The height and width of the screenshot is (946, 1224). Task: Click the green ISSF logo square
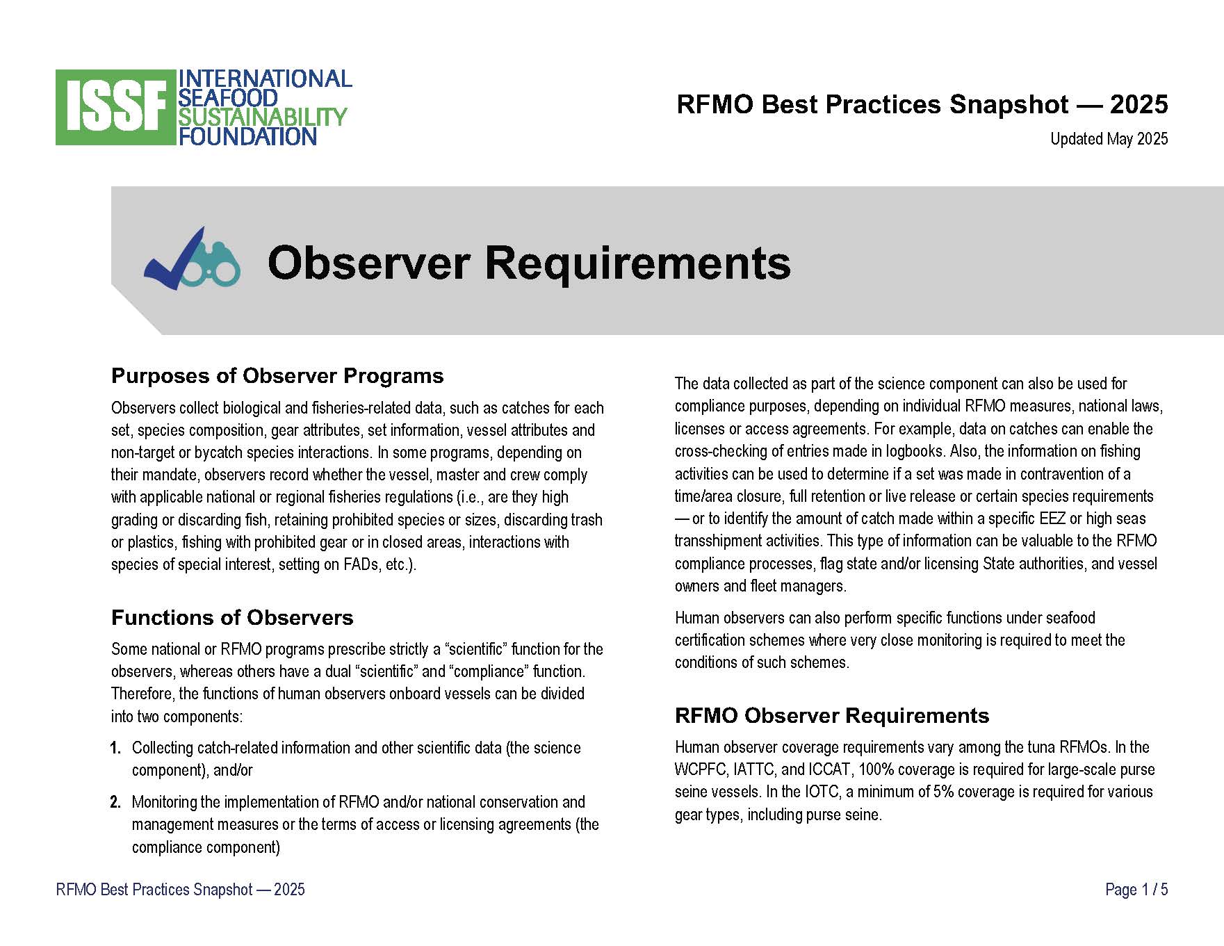115,107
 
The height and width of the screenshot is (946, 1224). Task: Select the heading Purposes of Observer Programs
277,376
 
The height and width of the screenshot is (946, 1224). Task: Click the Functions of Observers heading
232,618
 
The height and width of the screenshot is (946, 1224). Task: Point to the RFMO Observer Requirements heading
832,716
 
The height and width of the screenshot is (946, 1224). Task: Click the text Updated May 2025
1109,139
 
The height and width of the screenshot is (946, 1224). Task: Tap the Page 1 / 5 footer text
1136,890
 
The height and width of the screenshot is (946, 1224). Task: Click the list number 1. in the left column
115,749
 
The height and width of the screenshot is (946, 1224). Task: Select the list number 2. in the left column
115,803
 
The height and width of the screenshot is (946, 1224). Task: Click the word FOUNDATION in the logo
247,136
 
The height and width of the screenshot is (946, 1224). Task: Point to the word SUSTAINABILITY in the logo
262,117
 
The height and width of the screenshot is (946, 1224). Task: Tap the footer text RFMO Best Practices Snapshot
154,890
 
